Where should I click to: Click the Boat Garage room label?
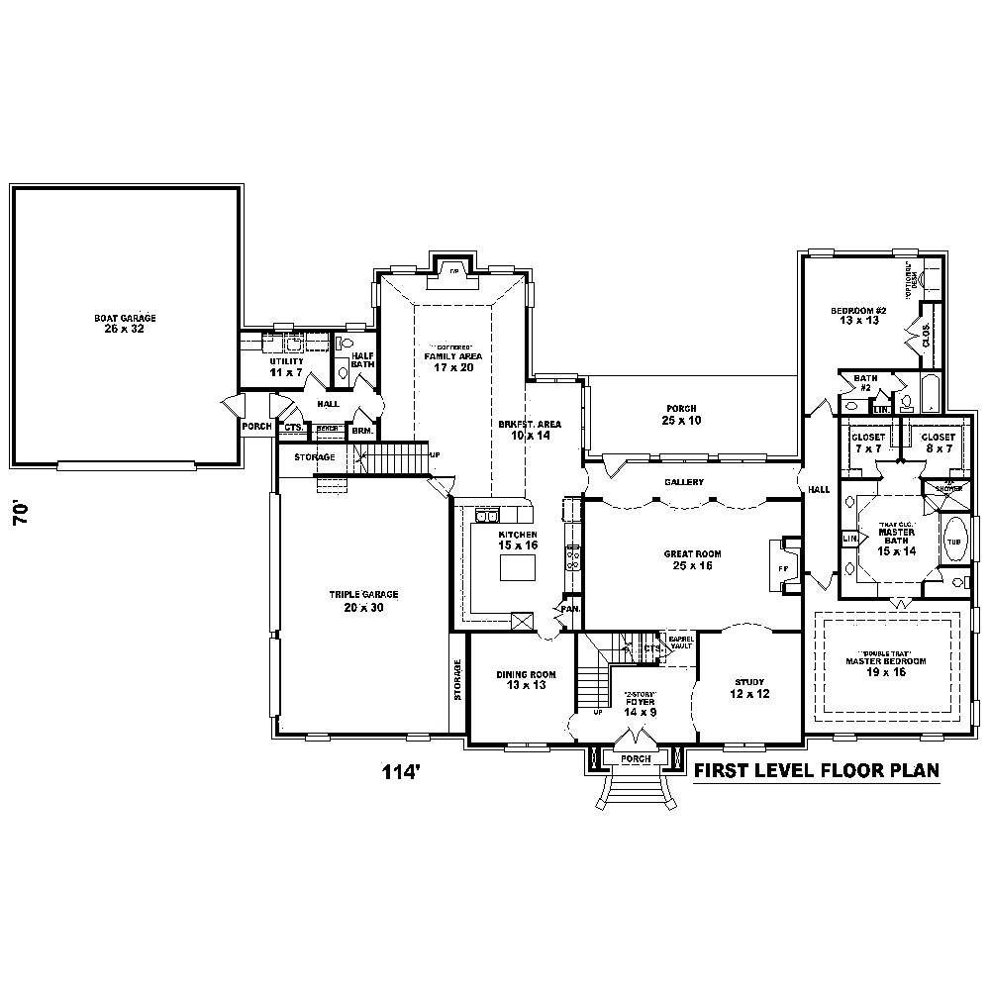125,323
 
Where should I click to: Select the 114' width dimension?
403,772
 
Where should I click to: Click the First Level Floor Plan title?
816,772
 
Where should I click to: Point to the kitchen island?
516,568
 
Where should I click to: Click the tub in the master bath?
954,543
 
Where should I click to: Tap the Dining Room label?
526,680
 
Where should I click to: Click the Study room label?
750,687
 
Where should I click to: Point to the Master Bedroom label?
886,665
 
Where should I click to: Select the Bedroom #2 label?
858,316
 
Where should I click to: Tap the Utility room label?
286,366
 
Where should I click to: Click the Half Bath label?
361,359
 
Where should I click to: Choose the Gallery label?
684,482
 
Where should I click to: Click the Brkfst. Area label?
530,429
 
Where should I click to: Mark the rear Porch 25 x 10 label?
681,414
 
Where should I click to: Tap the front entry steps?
634,791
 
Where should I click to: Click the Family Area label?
453,360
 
